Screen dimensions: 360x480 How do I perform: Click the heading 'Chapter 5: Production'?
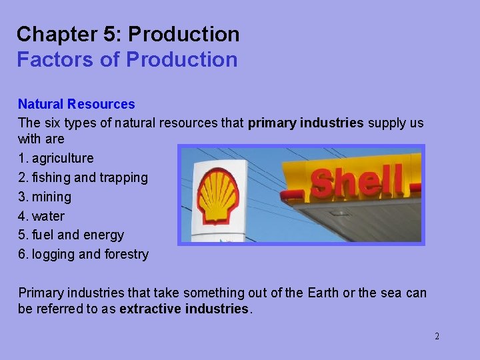(128, 34)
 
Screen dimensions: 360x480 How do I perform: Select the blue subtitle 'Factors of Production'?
(127, 59)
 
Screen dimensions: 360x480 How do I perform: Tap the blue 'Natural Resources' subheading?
(76, 104)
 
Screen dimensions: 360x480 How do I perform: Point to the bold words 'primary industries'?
(305, 123)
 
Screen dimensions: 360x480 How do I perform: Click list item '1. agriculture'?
(56, 158)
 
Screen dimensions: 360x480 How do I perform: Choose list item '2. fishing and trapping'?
(83, 177)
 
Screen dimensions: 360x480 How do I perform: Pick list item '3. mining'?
(44, 197)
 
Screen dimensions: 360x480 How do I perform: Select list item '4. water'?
(41, 216)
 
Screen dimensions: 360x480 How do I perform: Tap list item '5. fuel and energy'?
(71, 235)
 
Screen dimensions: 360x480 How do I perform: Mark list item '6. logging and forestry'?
(83, 254)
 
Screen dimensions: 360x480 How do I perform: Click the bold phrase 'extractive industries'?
(183, 309)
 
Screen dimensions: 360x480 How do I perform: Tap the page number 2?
(437, 336)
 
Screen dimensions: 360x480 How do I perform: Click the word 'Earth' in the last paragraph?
(323, 293)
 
